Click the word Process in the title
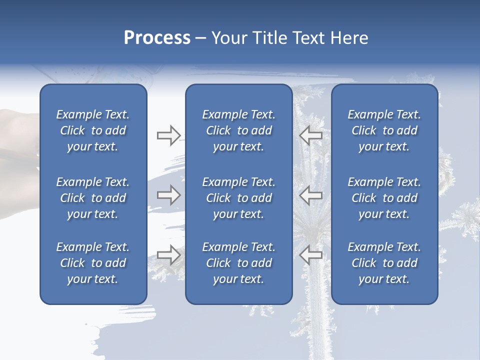[x=157, y=38]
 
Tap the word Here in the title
[x=348, y=38]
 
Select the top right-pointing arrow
[x=168, y=135]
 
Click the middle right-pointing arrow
[x=168, y=195]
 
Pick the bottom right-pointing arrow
[x=168, y=255]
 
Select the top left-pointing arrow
[x=311, y=135]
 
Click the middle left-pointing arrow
[x=311, y=195]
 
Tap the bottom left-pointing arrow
[x=311, y=255]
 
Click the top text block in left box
[x=93, y=130]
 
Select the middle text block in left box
[x=93, y=198]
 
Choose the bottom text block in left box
[x=93, y=263]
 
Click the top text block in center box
[x=238, y=130]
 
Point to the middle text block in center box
[x=238, y=198]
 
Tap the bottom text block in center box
[x=238, y=263]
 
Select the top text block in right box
[x=384, y=130]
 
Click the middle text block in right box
[x=384, y=198]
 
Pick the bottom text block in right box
[x=384, y=263]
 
